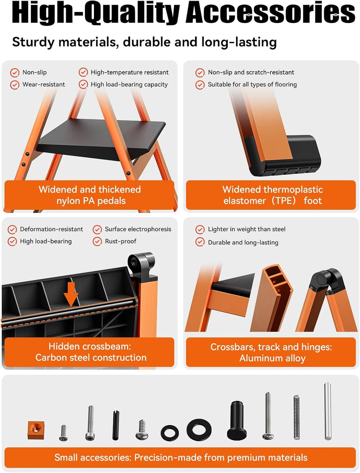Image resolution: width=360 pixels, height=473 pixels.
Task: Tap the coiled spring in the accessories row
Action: pos(297,418)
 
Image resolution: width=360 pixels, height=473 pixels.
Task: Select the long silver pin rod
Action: pos(328,411)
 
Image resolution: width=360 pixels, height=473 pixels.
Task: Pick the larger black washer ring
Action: pos(199,429)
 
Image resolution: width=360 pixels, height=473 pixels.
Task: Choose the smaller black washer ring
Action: pos(170,433)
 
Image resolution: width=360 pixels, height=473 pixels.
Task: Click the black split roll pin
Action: pos(116,425)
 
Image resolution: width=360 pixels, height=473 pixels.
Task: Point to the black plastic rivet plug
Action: pos(237,421)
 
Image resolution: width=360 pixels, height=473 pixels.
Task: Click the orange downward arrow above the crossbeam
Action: pos(71,294)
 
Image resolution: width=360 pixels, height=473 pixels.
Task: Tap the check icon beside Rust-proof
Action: pos(97,241)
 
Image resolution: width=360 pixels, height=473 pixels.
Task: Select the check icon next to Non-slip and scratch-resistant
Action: pos(200,73)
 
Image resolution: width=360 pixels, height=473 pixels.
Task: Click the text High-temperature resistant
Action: pos(130,72)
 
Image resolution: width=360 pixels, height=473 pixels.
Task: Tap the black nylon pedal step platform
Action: pos(101,139)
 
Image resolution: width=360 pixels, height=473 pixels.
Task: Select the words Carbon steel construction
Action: pos(91,357)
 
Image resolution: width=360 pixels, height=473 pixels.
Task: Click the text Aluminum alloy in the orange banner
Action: pos(273,358)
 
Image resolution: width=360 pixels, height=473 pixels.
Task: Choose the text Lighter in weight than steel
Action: pos(247,229)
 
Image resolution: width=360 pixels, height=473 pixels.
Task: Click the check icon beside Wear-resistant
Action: pos(14,85)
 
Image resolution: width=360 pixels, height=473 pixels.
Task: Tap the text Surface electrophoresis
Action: pos(138,229)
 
